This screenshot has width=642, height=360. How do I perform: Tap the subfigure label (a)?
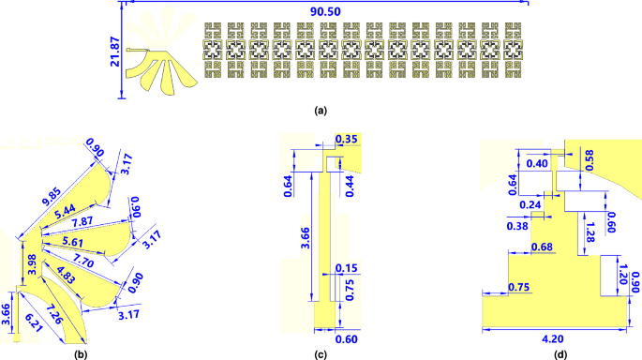(321, 111)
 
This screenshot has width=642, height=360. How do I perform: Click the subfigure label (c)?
(321, 353)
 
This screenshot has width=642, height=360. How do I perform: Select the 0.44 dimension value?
(350, 184)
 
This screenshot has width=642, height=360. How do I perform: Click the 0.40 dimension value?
(538, 163)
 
